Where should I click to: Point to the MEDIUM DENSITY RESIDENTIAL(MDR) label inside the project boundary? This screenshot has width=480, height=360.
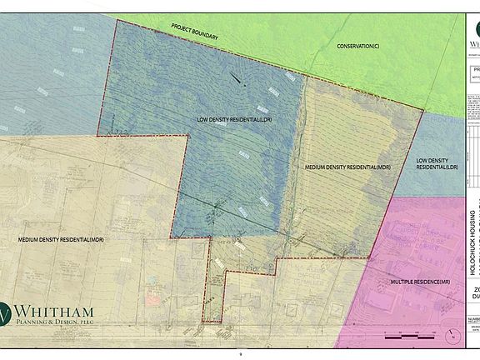pyautogui.click(x=347, y=168)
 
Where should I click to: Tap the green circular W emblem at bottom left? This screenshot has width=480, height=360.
pyautogui.click(x=7, y=314)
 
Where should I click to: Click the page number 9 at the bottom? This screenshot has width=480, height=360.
pyautogui.click(x=239, y=354)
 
